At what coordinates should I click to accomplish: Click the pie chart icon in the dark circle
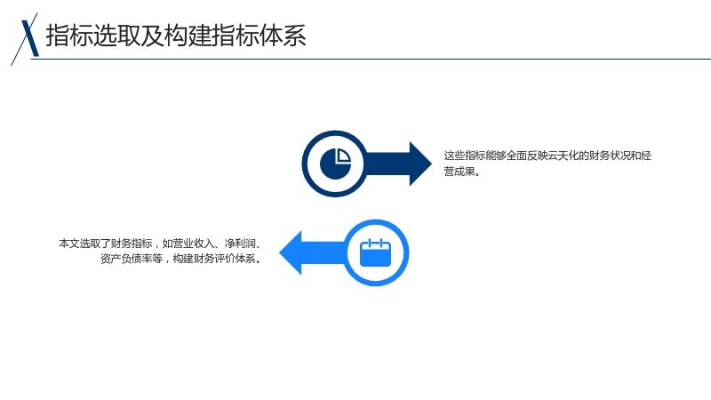tap(336, 164)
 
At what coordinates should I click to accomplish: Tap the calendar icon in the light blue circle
tap(375, 252)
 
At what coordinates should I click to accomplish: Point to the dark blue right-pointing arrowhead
tap(420, 164)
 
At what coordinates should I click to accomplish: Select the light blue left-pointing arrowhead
tap(291, 252)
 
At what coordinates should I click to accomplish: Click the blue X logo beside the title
tap(25, 39)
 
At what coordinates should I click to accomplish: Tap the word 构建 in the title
tap(188, 36)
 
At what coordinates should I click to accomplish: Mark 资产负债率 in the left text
tap(126, 259)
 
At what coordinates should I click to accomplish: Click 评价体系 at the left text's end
tap(235, 259)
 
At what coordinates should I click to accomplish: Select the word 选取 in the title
tap(116, 36)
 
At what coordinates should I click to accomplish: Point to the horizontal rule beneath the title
tap(371, 59)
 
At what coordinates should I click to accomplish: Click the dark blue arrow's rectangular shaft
tap(387, 164)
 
